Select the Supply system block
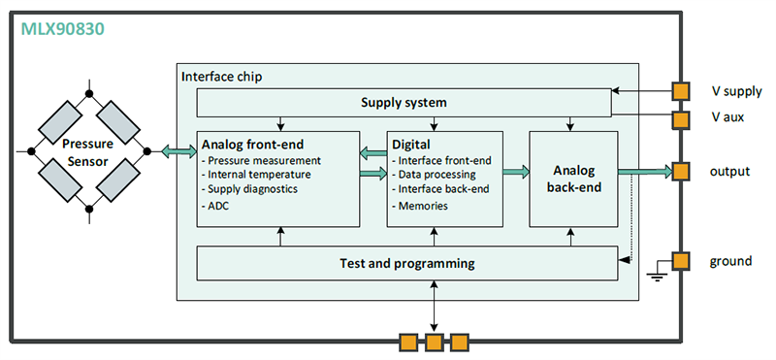404,102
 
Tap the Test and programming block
407,262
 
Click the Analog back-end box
572,178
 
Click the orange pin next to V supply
682,91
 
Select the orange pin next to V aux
682,117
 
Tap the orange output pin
682,171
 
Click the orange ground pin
682,260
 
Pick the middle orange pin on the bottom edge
433,342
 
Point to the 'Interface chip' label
221,76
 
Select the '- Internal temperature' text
258,174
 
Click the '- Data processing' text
434,174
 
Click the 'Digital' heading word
410,144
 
